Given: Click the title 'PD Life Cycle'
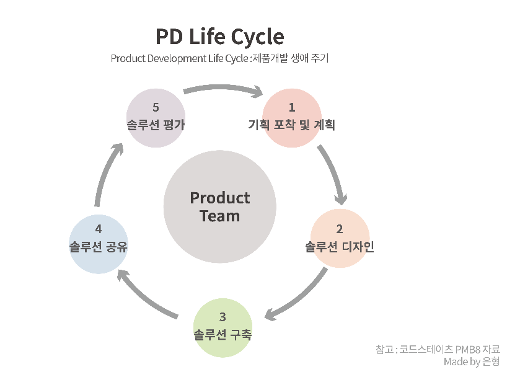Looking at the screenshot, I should (x=219, y=37).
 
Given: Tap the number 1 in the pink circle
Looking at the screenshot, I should (x=292, y=108).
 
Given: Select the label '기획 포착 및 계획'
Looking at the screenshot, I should (x=291, y=125).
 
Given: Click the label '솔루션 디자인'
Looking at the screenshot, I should (x=340, y=247).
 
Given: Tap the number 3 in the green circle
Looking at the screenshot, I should (x=223, y=318).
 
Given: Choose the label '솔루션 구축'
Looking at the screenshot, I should (x=223, y=335).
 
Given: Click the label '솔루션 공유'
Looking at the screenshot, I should (x=99, y=247).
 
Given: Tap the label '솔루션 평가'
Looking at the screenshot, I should (x=156, y=125).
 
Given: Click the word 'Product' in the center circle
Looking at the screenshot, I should (x=219, y=198).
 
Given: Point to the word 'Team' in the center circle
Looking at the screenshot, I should (x=219, y=216).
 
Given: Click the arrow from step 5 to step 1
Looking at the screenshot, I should (x=224, y=90).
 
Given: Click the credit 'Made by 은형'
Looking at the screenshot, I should (x=471, y=361).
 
